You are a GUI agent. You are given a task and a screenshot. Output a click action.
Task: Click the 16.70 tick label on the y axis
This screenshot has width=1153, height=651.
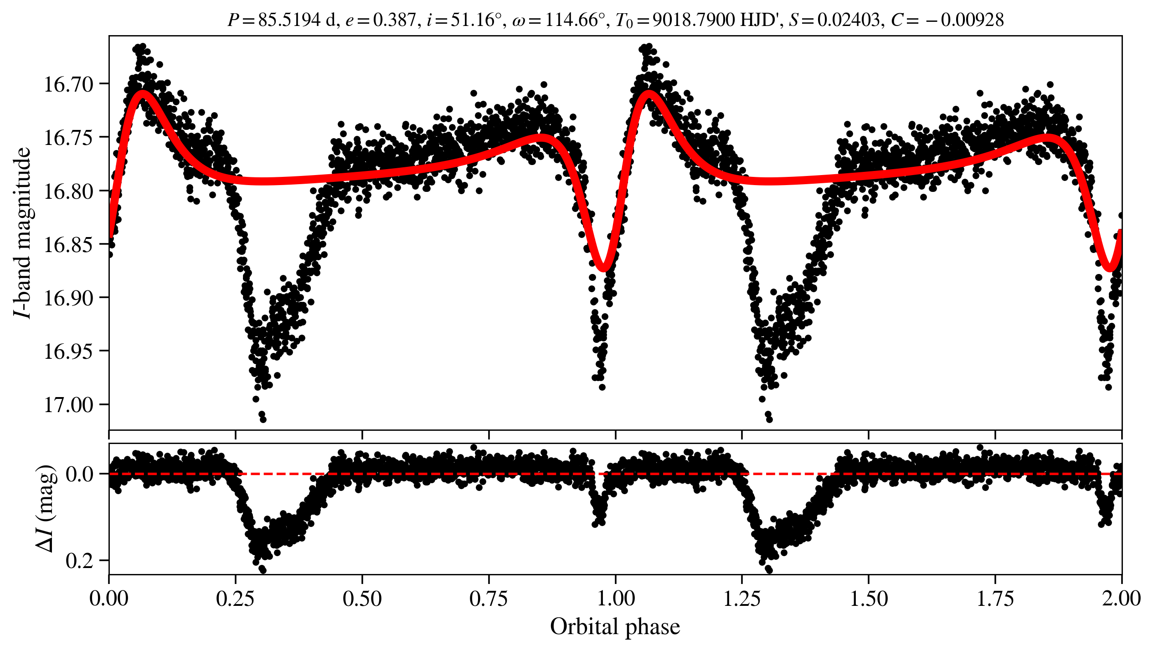[68, 84]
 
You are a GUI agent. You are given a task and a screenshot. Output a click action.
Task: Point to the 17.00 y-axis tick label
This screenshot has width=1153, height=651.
[68, 405]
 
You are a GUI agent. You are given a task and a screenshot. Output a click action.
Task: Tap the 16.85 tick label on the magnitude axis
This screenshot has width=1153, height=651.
[68, 245]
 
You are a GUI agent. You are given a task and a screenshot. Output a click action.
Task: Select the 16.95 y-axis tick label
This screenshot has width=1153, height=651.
[68, 351]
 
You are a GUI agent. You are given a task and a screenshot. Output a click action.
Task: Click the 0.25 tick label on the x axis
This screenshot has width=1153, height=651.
[236, 598]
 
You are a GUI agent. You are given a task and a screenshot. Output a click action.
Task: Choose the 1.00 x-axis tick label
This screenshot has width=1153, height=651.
[616, 598]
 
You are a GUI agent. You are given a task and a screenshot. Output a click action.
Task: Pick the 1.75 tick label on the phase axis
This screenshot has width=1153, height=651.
[995, 598]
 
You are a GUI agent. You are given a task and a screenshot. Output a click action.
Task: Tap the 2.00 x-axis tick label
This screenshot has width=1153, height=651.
[1122, 598]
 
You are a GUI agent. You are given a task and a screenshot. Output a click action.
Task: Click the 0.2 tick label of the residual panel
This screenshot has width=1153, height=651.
[80, 561]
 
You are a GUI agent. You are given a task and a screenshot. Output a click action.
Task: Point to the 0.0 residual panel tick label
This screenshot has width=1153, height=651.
[80, 475]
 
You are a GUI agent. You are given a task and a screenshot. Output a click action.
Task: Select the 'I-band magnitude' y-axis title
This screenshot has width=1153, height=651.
[23, 232]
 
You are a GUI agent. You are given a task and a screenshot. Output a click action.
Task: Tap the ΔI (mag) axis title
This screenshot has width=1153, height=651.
[46, 508]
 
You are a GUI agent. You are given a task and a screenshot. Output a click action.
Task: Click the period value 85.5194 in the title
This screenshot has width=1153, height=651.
[289, 20]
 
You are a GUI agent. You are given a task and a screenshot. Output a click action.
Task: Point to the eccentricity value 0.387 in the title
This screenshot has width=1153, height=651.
[395, 20]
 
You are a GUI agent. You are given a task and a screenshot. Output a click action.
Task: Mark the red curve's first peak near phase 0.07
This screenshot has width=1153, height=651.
[143, 94]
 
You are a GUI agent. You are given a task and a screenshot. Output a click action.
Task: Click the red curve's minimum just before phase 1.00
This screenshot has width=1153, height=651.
[603, 267]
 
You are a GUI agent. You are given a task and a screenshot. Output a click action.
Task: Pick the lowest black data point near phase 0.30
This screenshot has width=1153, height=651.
[263, 419]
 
